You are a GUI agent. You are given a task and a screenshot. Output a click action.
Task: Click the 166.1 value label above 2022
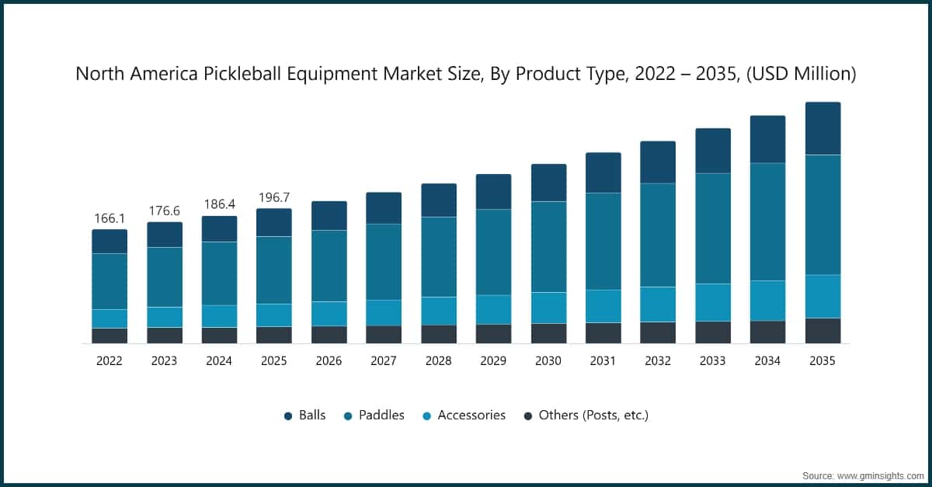coord(110,219)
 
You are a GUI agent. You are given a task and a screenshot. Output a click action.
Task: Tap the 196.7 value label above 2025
coord(273,198)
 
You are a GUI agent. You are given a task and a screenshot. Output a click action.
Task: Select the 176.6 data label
coord(164,211)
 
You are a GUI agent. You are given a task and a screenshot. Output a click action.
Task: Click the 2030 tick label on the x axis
coord(548,361)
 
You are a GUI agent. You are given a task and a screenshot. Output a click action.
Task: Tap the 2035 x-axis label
coord(822,361)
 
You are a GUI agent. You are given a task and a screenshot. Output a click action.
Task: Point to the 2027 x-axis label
coord(384,361)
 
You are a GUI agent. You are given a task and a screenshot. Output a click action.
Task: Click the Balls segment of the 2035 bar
coord(822,128)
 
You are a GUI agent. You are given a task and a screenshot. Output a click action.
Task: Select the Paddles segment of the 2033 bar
coord(712,228)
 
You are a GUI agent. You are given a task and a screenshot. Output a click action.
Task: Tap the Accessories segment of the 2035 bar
coord(822,296)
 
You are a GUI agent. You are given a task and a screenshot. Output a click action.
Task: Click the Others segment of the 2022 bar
coord(110,336)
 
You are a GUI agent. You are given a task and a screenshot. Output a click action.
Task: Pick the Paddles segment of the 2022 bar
coord(110,281)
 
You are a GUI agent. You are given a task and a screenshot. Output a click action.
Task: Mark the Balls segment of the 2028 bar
coord(439,200)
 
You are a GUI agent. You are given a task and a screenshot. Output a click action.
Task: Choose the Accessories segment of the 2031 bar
coord(603,306)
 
